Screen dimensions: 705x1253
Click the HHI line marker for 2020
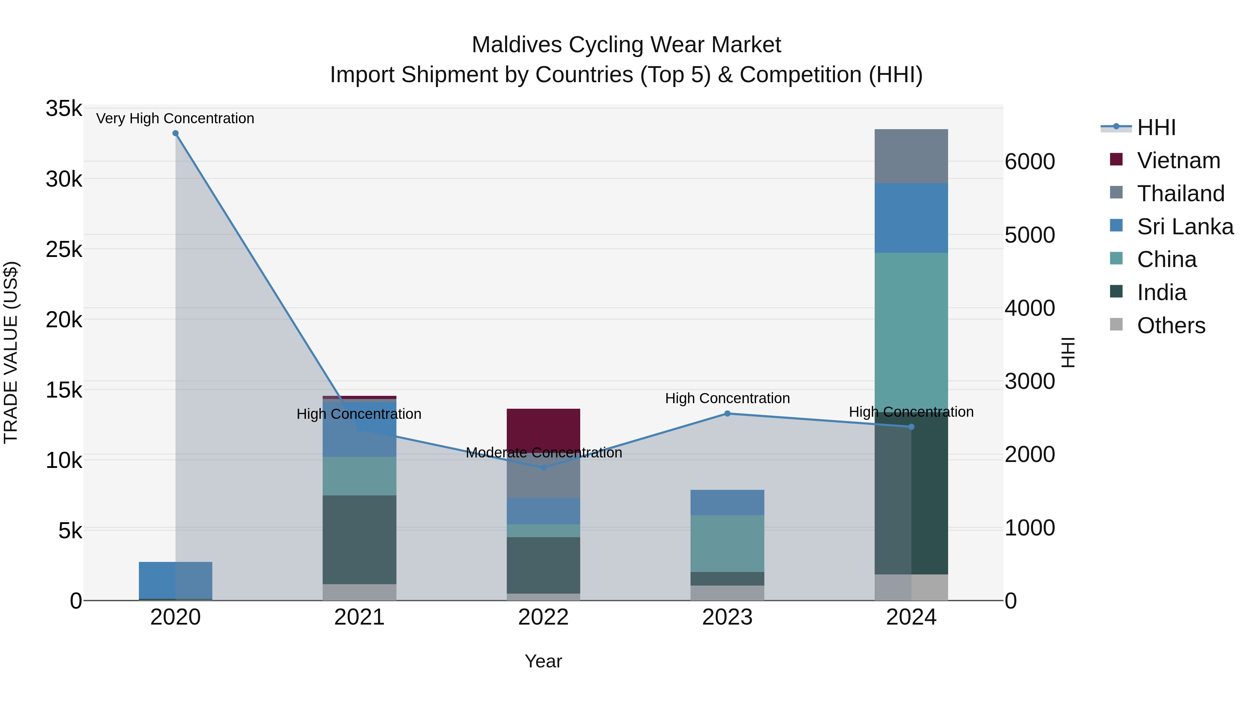[176, 133]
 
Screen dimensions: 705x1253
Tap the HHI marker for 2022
[543, 468]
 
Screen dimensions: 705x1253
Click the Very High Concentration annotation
[175, 118]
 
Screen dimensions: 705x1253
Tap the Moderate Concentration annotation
[543, 453]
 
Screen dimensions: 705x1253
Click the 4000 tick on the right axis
[1030, 308]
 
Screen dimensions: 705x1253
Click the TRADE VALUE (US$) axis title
[11, 352]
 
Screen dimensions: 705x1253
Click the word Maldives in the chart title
[517, 45]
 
